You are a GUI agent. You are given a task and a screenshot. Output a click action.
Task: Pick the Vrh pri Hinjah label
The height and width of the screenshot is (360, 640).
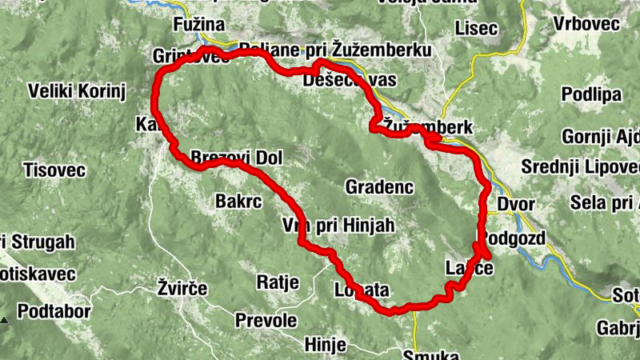click(x=338, y=226)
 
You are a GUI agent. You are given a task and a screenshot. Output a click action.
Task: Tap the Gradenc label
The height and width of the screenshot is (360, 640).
click(x=378, y=187)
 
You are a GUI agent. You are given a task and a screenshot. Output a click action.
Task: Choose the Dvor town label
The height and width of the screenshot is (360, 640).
click(x=515, y=204)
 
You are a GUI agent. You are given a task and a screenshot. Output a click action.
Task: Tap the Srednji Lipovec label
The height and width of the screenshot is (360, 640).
click(x=580, y=168)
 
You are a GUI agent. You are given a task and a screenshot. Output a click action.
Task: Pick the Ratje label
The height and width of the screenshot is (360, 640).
click(x=278, y=282)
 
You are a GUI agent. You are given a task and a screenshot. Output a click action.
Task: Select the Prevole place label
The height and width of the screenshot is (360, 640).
click(x=266, y=321)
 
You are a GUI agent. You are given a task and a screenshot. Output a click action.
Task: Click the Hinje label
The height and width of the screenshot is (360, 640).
click(x=326, y=345)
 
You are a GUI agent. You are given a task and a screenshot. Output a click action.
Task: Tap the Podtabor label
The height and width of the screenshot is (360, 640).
click(x=54, y=311)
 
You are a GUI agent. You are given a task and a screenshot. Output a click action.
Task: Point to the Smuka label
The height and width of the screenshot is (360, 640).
click(x=431, y=355)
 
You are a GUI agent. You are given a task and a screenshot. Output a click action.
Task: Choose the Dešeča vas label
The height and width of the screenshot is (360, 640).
click(x=350, y=81)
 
